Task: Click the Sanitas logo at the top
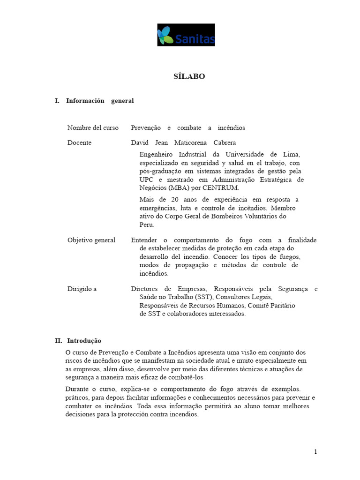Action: [x=186, y=35]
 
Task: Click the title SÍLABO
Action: [x=189, y=76]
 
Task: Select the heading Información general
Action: [x=100, y=101]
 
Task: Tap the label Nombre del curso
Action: [x=93, y=128]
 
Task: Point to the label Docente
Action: [x=79, y=142]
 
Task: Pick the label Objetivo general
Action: [x=91, y=240]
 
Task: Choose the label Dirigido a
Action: [x=82, y=289]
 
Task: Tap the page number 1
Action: [x=315, y=452]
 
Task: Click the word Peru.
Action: [x=147, y=225]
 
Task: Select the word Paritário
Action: [x=280, y=306]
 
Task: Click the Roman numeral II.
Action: [x=58, y=341]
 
